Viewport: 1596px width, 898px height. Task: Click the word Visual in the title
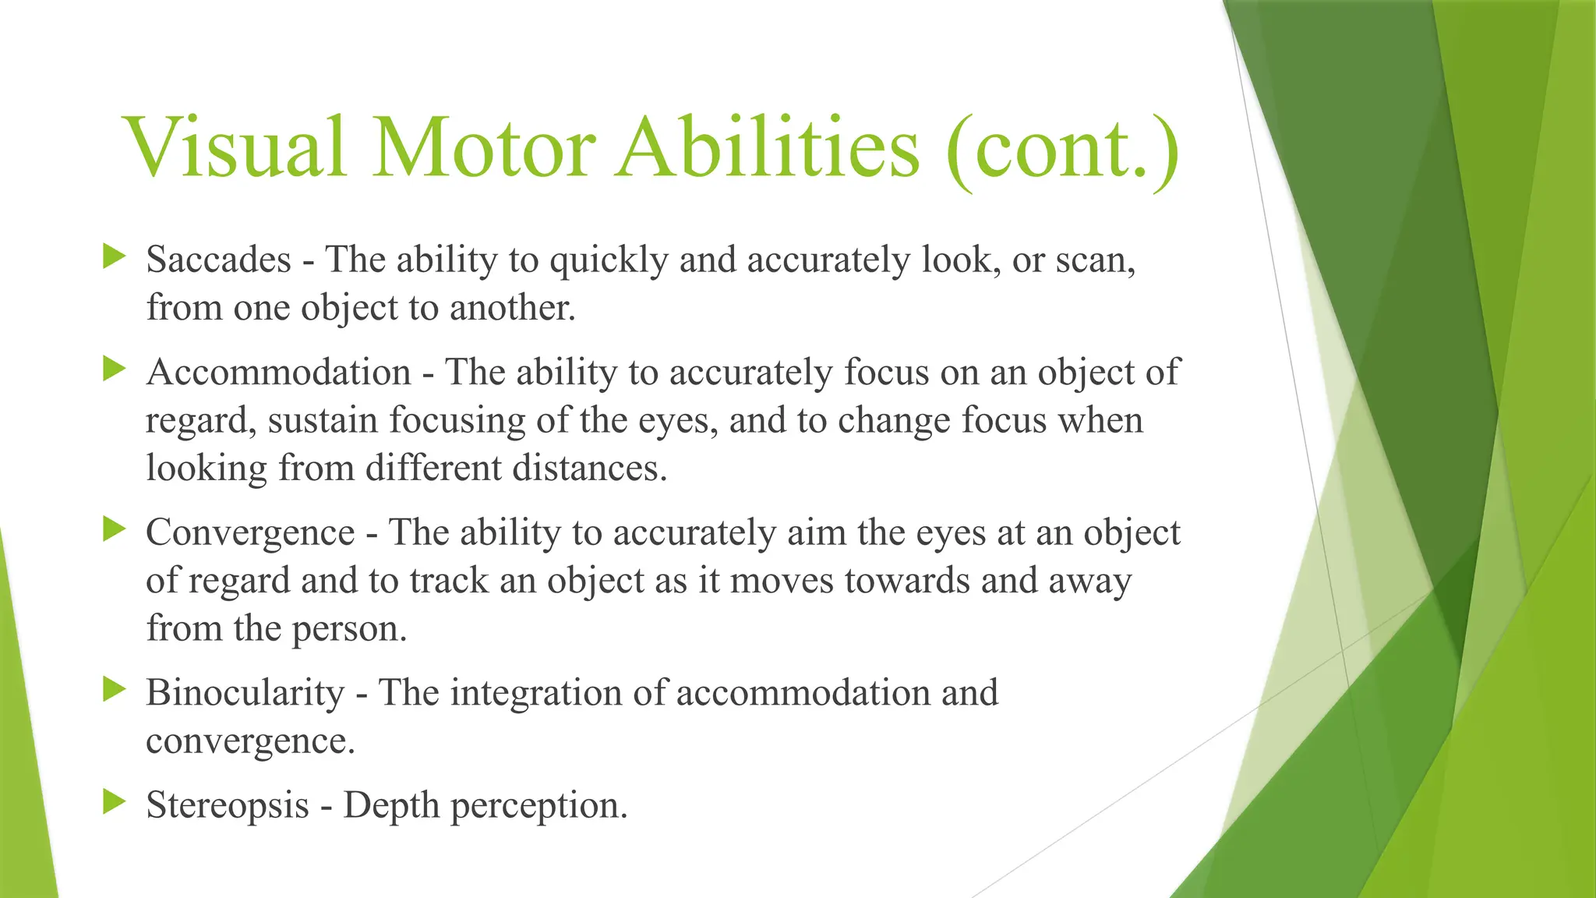coord(235,148)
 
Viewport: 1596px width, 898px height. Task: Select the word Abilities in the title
coord(768,148)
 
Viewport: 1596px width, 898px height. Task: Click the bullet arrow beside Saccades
coord(114,256)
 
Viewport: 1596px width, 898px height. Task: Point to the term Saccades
coord(218,260)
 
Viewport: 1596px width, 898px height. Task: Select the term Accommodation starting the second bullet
coord(278,372)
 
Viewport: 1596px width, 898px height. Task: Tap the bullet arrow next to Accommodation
coord(114,369)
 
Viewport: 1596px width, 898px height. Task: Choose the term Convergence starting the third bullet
coord(250,532)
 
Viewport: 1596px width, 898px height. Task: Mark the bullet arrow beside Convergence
coord(114,529)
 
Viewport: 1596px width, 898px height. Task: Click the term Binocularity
coord(245,693)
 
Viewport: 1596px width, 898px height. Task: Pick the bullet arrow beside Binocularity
coord(114,689)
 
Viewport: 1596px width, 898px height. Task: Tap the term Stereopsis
coord(228,805)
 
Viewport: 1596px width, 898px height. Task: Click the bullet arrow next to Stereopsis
coord(114,801)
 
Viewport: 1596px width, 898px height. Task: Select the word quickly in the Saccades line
coord(609,261)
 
